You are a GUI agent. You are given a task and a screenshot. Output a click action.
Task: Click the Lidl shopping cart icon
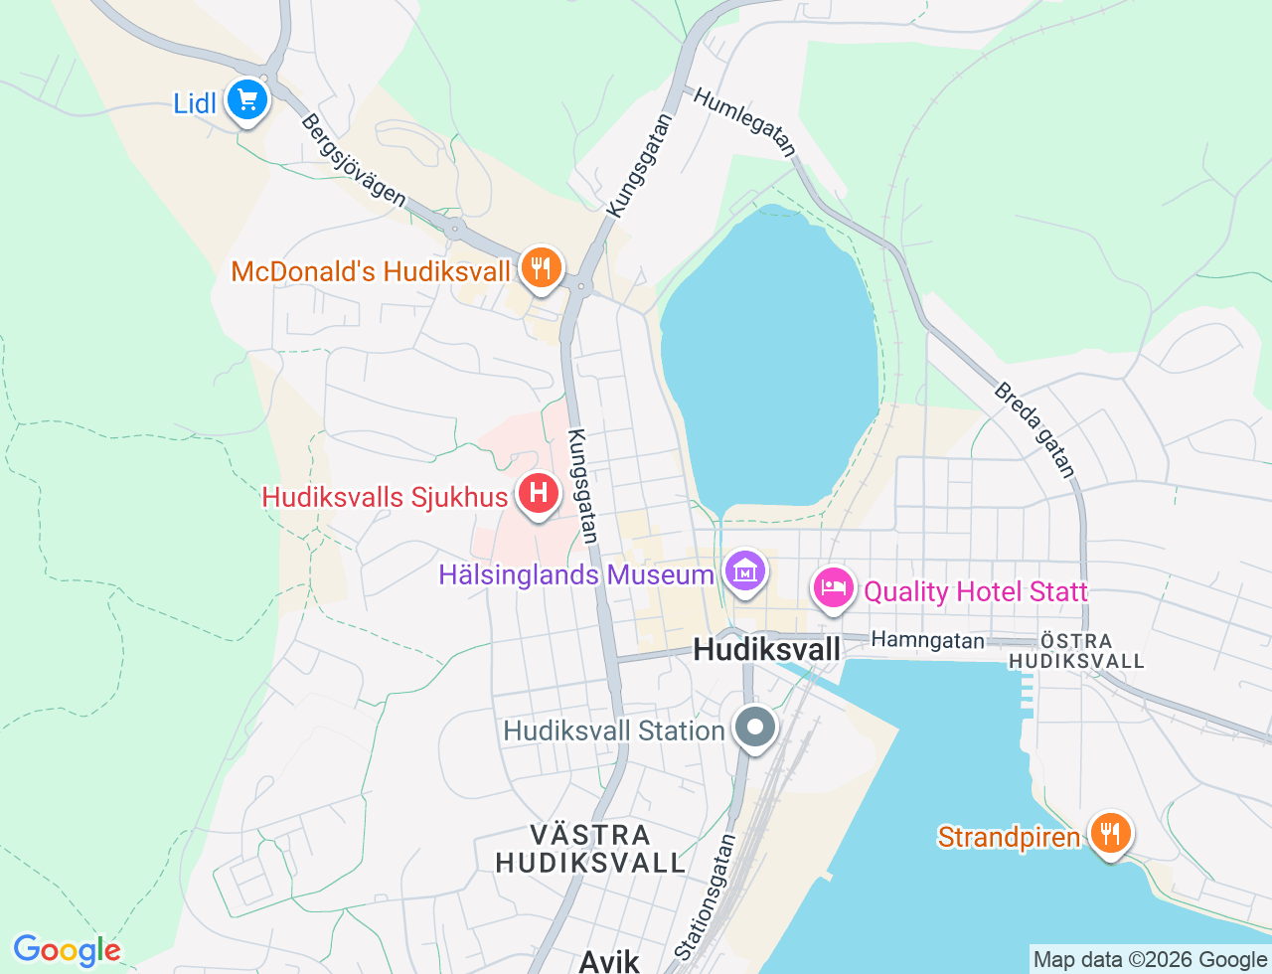click(246, 100)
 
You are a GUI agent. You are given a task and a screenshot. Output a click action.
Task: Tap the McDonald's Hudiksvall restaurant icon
click(540, 268)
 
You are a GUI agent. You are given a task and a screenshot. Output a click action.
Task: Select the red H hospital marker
click(539, 493)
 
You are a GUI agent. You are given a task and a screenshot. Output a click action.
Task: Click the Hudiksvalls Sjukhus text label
click(385, 497)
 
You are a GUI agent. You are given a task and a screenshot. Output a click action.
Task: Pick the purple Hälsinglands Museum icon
click(744, 571)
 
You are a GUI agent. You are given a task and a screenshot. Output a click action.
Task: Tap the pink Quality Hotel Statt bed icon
click(833, 587)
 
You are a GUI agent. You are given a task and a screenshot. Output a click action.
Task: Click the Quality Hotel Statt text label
click(975, 592)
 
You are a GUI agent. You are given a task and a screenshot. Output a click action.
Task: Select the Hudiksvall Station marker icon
click(756, 727)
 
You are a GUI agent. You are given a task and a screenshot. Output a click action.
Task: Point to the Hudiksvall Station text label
click(613, 730)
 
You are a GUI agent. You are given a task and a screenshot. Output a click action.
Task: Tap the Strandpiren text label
click(1009, 837)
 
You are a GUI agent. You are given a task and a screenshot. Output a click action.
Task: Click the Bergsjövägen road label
click(354, 161)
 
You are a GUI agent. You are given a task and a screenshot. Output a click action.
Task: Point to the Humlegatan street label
click(744, 122)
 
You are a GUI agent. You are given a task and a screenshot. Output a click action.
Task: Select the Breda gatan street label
click(1034, 429)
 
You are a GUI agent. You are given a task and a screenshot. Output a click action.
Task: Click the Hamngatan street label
click(927, 641)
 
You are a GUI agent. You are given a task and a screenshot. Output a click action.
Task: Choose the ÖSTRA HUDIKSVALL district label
click(1076, 651)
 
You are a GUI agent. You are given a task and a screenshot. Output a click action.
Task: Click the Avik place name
click(609, 960)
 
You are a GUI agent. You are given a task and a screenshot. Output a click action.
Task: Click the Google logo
click(67, 950)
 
